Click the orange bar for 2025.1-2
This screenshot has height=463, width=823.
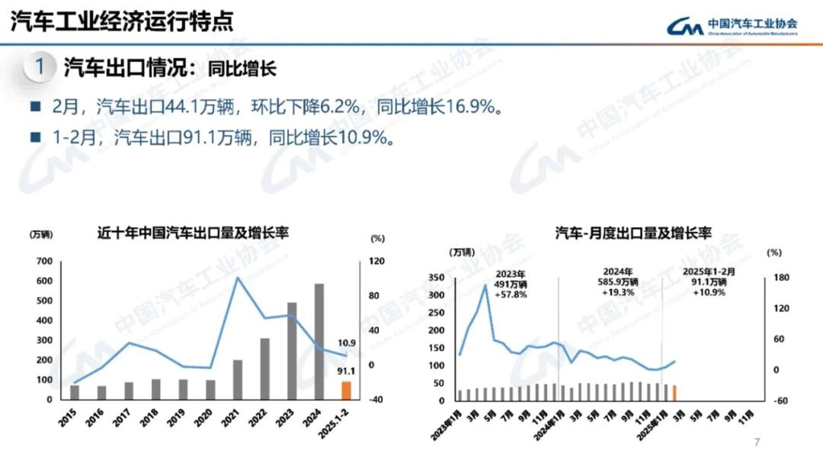click(346, 390)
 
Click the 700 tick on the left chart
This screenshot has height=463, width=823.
click(44, 262)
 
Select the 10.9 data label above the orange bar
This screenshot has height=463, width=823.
click(347, 342)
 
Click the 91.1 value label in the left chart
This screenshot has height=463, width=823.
click(347, 371)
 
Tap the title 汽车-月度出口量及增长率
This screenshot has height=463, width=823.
click(632, 233)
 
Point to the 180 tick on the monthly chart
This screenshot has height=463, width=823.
click(774, 278)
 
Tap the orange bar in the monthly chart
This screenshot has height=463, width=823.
click(674, 392)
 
